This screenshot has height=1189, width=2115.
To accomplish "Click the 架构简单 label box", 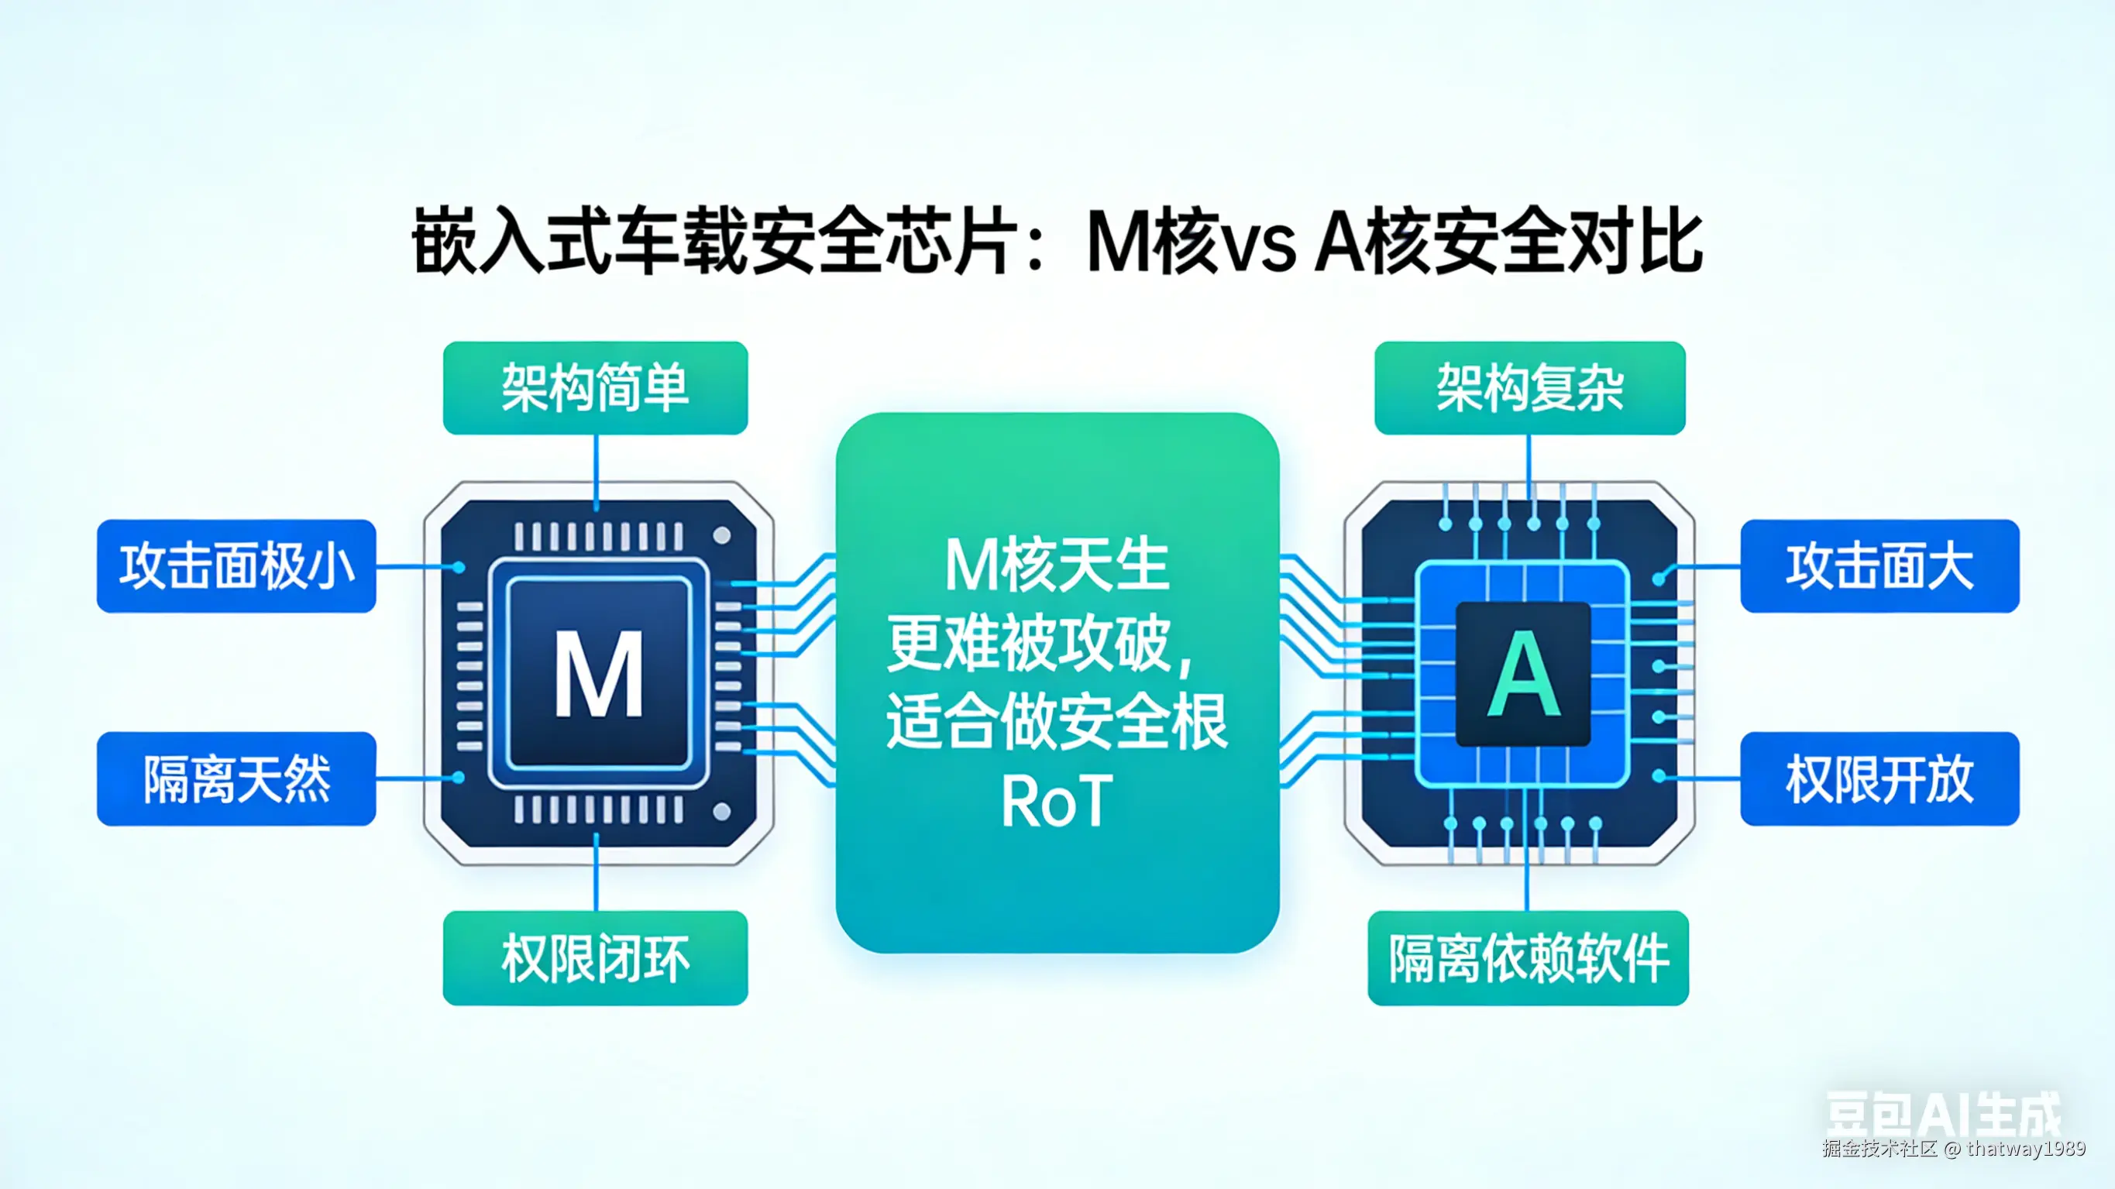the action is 595,387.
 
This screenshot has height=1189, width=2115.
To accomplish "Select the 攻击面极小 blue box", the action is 236,565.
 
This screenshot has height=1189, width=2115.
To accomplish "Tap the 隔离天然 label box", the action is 236,778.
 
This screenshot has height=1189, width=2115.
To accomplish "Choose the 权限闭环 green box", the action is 595,957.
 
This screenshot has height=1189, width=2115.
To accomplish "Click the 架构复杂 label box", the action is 1529,387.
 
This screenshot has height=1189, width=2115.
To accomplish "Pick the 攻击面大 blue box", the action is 1879,565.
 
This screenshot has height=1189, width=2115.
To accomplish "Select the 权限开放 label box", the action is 1879,778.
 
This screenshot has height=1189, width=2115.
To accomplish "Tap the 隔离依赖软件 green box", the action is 1528,957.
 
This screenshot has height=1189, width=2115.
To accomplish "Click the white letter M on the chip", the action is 599,673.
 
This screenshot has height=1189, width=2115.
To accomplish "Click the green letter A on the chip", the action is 1524,675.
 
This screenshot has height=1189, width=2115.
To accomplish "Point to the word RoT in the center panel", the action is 1057,801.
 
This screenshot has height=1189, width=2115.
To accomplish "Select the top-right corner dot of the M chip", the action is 722,535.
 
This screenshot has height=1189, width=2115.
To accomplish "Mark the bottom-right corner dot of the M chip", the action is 722,812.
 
